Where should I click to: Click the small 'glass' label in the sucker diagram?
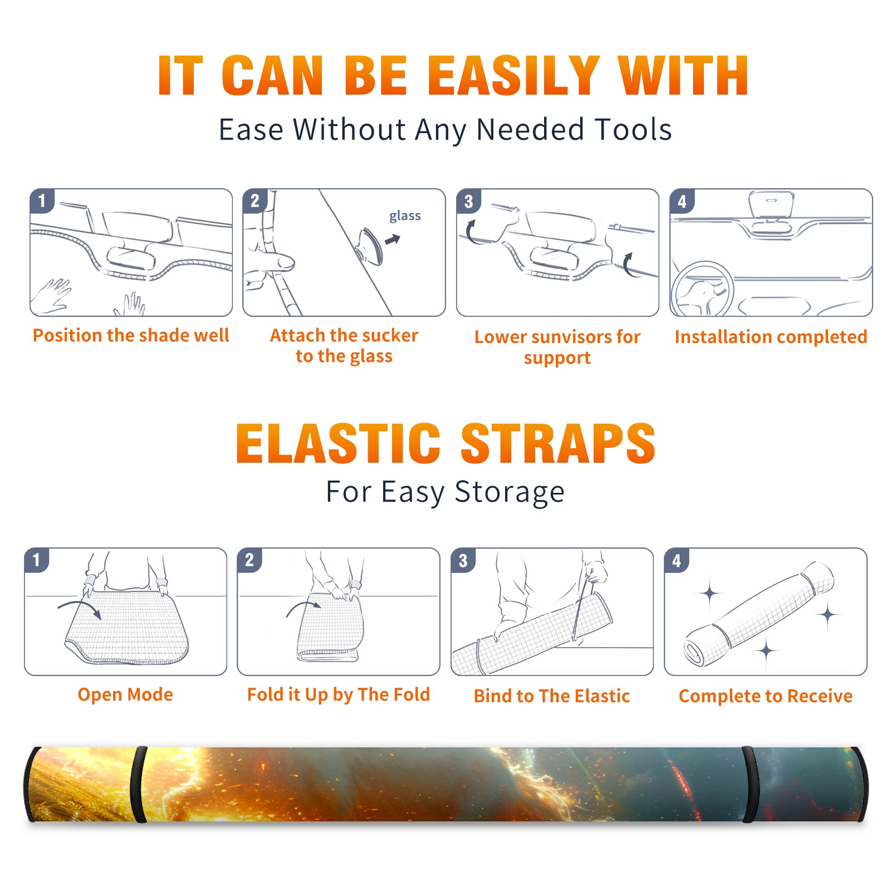coord(405,216)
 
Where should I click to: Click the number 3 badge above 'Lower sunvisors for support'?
coord(468,201)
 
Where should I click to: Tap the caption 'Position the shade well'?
coord(131,335)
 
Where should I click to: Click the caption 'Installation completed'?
coord(771,336)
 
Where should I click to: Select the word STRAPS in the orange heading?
coord(558,443)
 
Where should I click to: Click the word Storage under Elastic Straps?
coord(510,492)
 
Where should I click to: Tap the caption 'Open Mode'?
coord(125,694)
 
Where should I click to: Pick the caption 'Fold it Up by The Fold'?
coord(339,694)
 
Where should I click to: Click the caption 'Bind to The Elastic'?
coord(552,696)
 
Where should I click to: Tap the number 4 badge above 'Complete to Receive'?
coord(677,560)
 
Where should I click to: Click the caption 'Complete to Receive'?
coord(766,696)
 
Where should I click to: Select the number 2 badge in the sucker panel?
coord(255,201)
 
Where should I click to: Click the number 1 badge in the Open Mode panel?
coord(37,560)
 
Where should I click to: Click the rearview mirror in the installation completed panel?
coord(771,204)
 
